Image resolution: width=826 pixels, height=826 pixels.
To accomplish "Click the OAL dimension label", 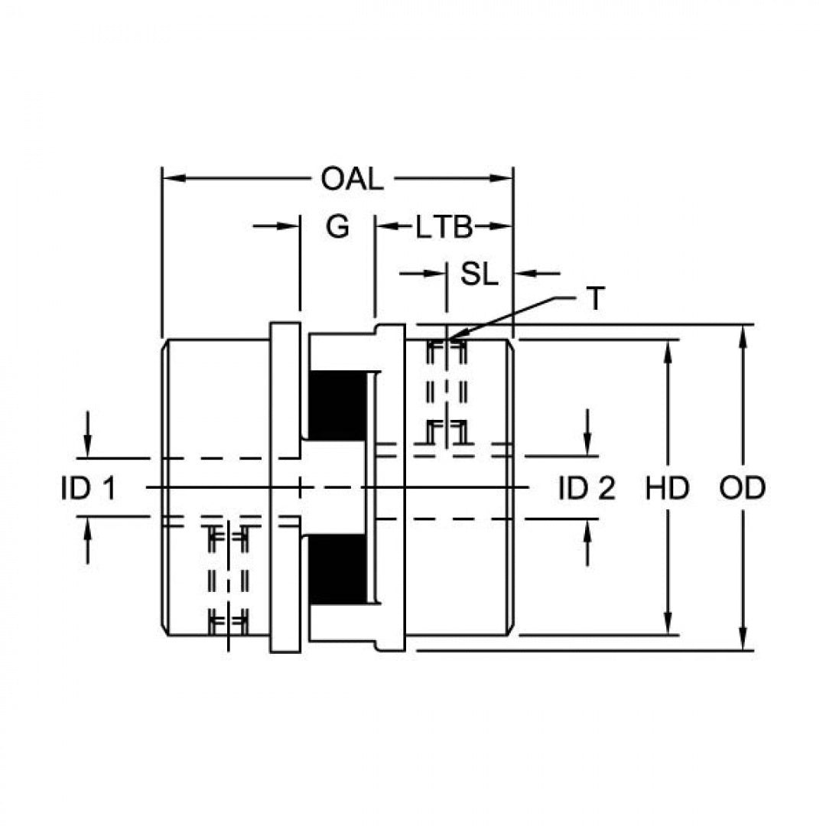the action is tap(351, 179).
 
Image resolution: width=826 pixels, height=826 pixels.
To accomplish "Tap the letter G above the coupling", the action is tap(337, 227).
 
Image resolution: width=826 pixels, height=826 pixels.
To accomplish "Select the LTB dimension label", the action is tap(444, 228).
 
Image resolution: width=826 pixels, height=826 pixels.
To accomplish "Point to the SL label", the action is tap(479, 274).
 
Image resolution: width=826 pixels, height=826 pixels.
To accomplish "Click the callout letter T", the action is tap(595, 299).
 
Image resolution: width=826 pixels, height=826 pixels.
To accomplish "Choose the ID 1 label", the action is tap(88, 488).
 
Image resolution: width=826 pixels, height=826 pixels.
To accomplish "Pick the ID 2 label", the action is tap(587, 488).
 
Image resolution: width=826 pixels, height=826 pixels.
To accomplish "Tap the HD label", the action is tap(668, 488).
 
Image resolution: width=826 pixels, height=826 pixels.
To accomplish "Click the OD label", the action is tap(742, 488).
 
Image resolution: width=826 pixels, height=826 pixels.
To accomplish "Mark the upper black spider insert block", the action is tap(337, 405).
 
